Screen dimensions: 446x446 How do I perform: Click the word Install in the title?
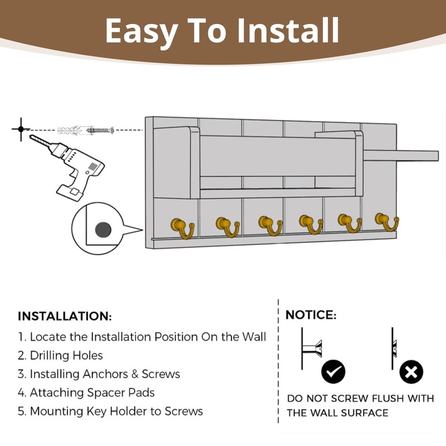288,30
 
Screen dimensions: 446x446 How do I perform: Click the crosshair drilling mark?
21,129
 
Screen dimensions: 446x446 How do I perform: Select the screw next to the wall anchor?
100,130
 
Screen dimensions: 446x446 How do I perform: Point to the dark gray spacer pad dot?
103,230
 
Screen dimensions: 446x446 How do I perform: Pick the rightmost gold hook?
387,221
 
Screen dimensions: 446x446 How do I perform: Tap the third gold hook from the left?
270,226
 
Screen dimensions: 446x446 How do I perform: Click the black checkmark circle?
333,371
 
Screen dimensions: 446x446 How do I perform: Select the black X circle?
411,371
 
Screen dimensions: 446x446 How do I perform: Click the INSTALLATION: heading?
65,316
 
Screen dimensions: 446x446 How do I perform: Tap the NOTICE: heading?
311,315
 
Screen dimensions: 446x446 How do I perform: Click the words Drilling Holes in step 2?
66,356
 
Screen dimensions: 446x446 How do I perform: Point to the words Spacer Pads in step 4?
120,393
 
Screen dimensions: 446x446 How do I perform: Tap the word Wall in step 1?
254,337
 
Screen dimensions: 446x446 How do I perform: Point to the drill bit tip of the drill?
31,136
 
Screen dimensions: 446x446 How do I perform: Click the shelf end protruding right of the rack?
401,156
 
